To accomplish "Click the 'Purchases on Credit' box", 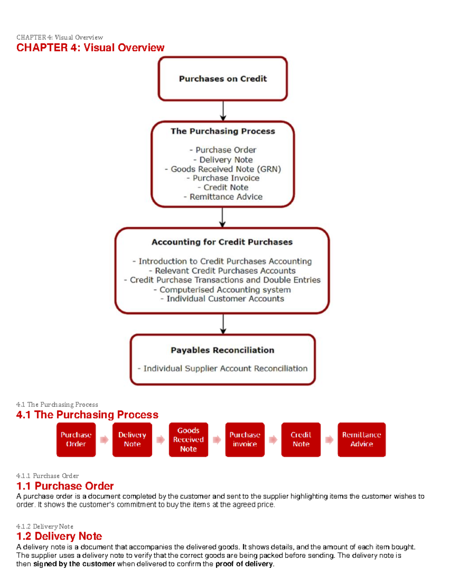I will coord(223,79).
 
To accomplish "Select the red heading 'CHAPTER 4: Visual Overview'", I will coord(90,48).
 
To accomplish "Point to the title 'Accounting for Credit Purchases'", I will coord(222,242).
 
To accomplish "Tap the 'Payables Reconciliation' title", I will coord(222,350).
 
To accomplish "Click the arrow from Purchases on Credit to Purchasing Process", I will coord(223,111).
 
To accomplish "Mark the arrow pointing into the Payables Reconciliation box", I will coord(223,324).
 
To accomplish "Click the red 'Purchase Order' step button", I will coord(76,440).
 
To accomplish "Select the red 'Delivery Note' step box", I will coord(132,440).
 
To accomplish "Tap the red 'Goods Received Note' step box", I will coord(188,440).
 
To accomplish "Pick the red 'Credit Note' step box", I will coord(301,440).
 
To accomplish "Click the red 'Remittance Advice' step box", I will coord(361,440).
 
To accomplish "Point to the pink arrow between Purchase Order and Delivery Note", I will coord(104,440).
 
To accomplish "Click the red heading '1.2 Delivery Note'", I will coord(59,536).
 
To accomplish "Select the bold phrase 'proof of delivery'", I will coord(244,564).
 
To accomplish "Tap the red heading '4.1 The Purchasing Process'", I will coord(87,415).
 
